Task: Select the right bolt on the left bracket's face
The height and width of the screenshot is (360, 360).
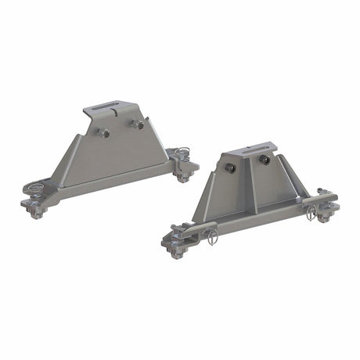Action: (139, 124)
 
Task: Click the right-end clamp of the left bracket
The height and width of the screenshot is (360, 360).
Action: (185, 167)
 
